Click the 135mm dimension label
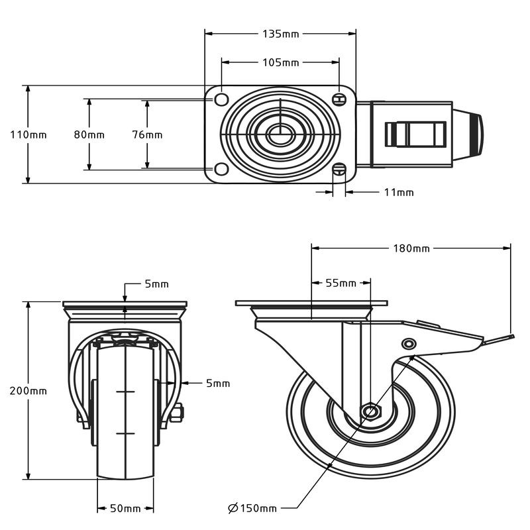pos(281,33)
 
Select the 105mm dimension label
pos(281,63)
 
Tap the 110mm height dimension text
pos(28,134)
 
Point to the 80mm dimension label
pos(89,134)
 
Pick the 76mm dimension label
pos(147,134)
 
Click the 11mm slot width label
pos(399,192)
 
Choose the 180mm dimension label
pos(412,248)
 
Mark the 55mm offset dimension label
pos(341,283)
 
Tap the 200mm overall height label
pos(28,390)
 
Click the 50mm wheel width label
pos(125,508)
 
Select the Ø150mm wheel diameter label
pos(252,508)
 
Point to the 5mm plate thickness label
pos(157,284)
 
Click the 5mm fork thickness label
pos(217,383)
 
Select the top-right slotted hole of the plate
pos(341,99)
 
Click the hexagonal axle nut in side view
pos(371,412)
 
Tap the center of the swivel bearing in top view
pos(280,134)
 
